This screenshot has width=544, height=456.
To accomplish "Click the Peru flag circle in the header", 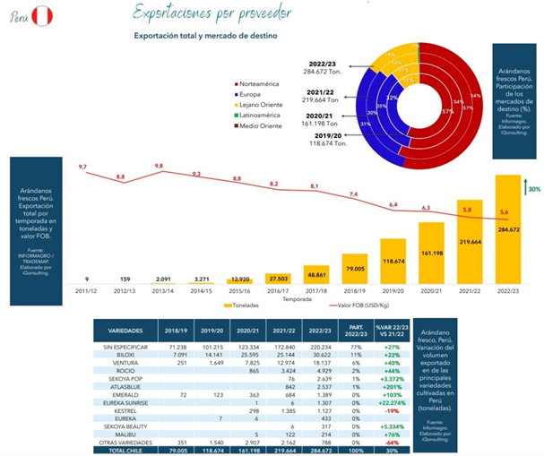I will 42,16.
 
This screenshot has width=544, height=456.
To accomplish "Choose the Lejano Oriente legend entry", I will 264,104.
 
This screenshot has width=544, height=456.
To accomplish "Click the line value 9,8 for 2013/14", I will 159,167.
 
